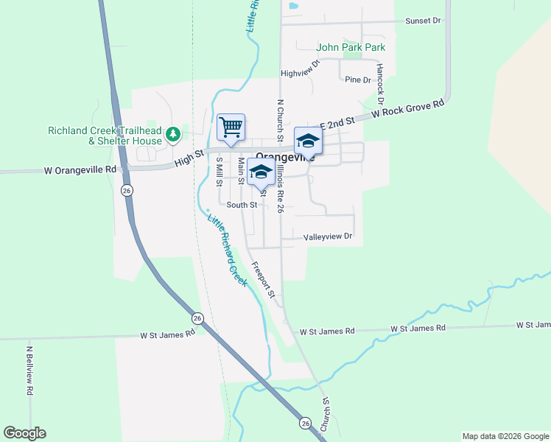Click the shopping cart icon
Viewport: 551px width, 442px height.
tap(231, 127)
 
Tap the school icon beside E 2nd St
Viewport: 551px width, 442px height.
tap(308, 140)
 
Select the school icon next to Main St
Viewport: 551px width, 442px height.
tap(260, 171)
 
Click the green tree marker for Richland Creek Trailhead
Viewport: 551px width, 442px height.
tap(173, 134)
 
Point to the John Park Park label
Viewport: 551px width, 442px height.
tap(351, 48)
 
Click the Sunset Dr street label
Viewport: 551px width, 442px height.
tap(423, 21)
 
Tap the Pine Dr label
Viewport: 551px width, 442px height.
tap(358, 80)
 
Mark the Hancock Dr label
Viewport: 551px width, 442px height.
tap(380, 82)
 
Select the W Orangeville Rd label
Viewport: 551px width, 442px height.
tap(80, 169)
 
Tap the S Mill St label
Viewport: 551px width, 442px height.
tap(219, 172)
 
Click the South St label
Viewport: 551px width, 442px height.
tap(242, 205)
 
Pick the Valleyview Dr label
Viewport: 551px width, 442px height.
tap(329, 237)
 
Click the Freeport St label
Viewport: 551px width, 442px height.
tap(263, 280)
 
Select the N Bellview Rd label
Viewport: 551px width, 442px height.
tap(29, 372)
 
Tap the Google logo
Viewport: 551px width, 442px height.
tap(24, 433)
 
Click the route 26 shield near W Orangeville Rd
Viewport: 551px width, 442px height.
tap(127, 191)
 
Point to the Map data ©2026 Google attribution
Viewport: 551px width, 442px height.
tap(505, 436)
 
